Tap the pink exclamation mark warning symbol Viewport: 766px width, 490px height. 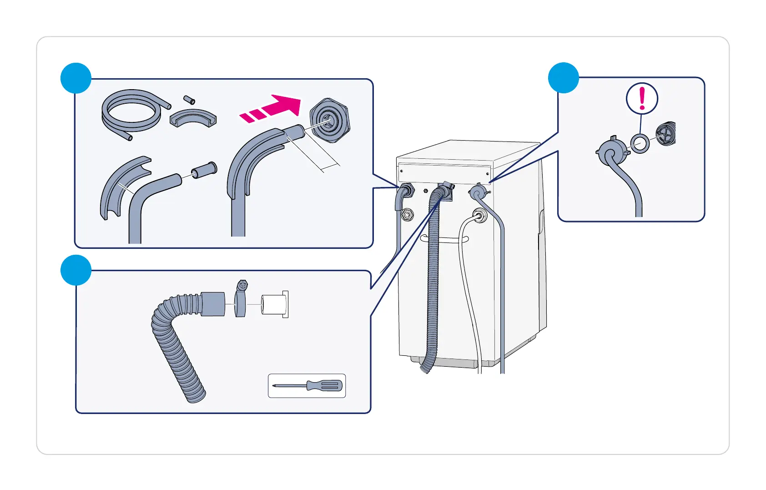point(642,98)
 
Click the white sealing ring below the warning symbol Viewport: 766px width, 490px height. point(640,144)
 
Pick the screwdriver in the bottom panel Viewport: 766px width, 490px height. point(307,386)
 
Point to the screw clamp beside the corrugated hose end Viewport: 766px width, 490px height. point(241,300)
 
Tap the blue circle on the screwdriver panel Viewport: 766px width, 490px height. point(76,270)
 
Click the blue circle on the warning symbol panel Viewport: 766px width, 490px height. point(563,78)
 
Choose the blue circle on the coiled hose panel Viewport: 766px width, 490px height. point(76,78)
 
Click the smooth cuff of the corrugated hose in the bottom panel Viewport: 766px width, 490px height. point(213,304)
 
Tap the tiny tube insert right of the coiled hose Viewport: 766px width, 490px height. point(189,100)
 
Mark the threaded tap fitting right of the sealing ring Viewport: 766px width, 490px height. point(666,134)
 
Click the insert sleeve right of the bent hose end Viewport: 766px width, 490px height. point(204,170)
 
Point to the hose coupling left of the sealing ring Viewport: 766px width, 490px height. point(611,151)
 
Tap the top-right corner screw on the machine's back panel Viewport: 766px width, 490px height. point(488,174)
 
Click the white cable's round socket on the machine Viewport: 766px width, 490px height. point(479,215)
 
